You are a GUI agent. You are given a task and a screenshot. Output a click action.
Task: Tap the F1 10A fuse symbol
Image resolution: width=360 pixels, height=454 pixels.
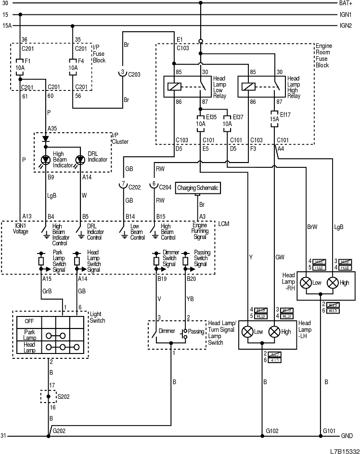(20, 65)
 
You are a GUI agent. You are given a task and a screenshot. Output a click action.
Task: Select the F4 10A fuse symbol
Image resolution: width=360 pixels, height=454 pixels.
(73, 65)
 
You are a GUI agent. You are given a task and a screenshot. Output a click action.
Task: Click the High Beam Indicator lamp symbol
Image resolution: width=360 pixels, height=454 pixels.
(46, 159)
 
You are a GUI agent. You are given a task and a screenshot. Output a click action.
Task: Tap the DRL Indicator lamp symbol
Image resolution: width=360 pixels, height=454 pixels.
(80, 159)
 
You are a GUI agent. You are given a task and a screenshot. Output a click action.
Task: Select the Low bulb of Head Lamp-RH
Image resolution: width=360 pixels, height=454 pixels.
(306, 283)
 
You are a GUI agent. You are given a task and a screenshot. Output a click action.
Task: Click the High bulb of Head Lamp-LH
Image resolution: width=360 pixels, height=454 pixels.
(274, 331)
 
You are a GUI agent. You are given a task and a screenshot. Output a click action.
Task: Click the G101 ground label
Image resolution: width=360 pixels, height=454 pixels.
(330, 431)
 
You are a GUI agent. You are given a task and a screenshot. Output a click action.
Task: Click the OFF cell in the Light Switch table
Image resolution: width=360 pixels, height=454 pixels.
(29, 321)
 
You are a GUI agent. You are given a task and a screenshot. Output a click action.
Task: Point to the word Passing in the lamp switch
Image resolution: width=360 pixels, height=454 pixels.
(196, 332)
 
